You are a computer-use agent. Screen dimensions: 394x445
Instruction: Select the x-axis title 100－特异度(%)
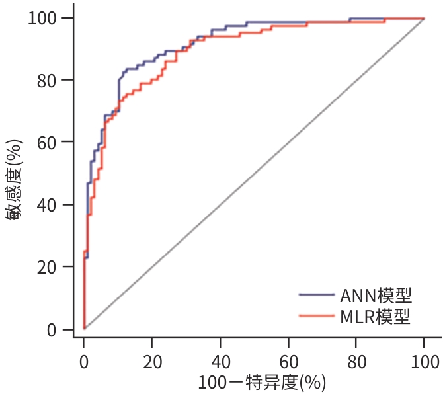tap(262, 382)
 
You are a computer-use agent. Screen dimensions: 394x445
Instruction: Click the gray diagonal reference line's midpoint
tap(254, 173)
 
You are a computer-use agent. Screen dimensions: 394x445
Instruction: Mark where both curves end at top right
tap(423, 19)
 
